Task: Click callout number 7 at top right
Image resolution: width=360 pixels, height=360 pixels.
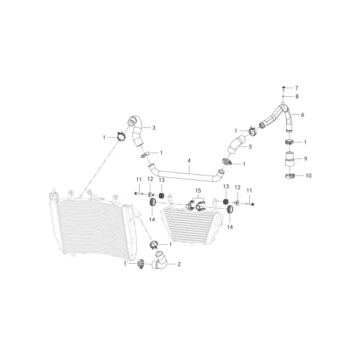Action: (297, 88)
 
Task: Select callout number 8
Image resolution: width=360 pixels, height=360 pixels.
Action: (297, 97)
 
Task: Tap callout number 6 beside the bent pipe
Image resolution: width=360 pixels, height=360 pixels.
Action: (302, 115)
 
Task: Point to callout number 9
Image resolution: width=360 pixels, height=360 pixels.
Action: (306, 159)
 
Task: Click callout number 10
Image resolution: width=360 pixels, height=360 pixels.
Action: (308, 175)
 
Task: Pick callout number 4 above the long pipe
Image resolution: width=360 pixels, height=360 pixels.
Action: (189, 161)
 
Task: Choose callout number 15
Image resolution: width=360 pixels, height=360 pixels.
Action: (198, 190)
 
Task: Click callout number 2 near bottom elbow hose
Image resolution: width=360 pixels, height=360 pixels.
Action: (179, 264)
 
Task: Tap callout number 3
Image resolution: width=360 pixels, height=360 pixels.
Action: (154, 128)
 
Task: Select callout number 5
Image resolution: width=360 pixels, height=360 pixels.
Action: (250, 147)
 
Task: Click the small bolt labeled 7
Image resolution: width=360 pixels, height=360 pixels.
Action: (284, 88)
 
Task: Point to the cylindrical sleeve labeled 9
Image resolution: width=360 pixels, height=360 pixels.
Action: (290, 159)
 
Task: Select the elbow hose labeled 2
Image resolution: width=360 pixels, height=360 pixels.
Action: (160, 262)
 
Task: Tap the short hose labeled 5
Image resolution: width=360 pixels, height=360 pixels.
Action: (236, 145)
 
